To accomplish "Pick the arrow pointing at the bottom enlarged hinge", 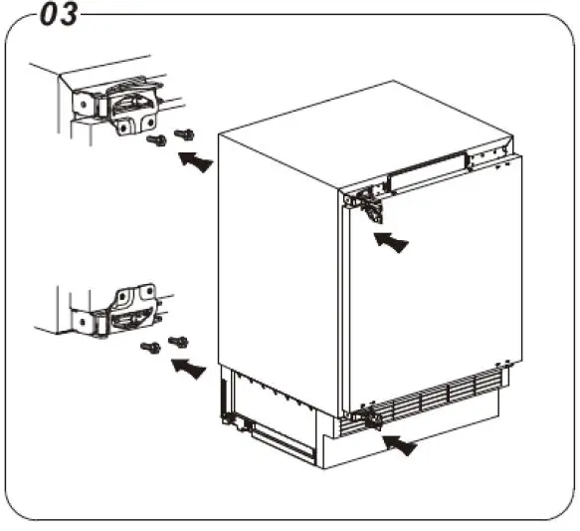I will [x=189, y=370].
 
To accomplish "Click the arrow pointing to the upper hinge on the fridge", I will [x=391, y=241].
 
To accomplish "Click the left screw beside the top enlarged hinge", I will [x=155, y=142].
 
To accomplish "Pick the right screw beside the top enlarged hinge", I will [x=183, y=133].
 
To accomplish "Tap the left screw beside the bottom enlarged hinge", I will [x=150, y=347].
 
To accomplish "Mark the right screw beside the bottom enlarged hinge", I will [x=178, y=342].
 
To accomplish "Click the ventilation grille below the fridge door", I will [x=438, y=399].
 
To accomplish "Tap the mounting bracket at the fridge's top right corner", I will [x=488, y=154].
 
